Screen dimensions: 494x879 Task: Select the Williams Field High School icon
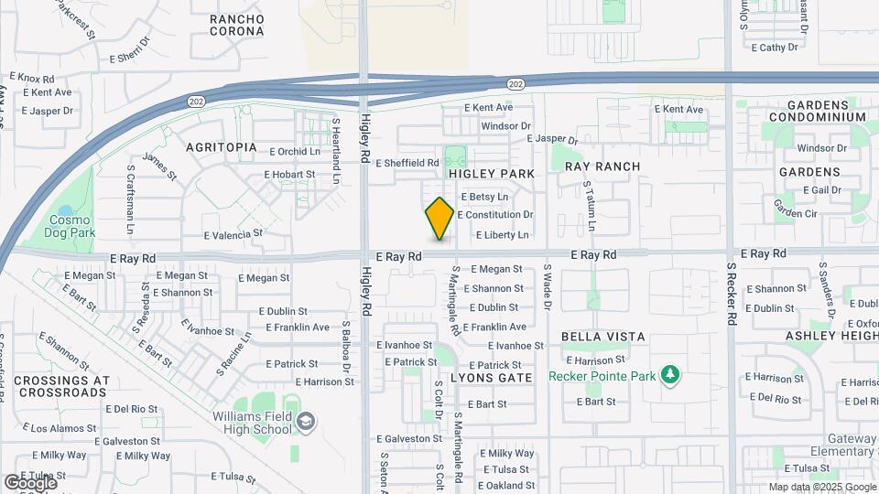[307, 421]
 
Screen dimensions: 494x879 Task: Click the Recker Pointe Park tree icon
[670, 374]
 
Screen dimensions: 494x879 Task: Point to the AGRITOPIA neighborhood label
[221, 147]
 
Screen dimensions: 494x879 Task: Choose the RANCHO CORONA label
[236, 25]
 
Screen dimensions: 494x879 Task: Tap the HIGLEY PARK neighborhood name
[491, 173]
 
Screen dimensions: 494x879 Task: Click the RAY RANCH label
[602, 166]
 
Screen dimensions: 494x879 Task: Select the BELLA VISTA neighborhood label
[603, 337]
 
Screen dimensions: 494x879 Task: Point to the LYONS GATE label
[491, 378]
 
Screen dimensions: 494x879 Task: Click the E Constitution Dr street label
[494, 215]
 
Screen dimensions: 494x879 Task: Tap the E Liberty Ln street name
[503, 235]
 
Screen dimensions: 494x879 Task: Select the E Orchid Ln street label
[295, 152]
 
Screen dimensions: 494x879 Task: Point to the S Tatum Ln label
[590, 206]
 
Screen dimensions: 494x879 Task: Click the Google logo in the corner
[29, 482]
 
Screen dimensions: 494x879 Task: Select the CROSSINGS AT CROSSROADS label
[62, 386]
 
